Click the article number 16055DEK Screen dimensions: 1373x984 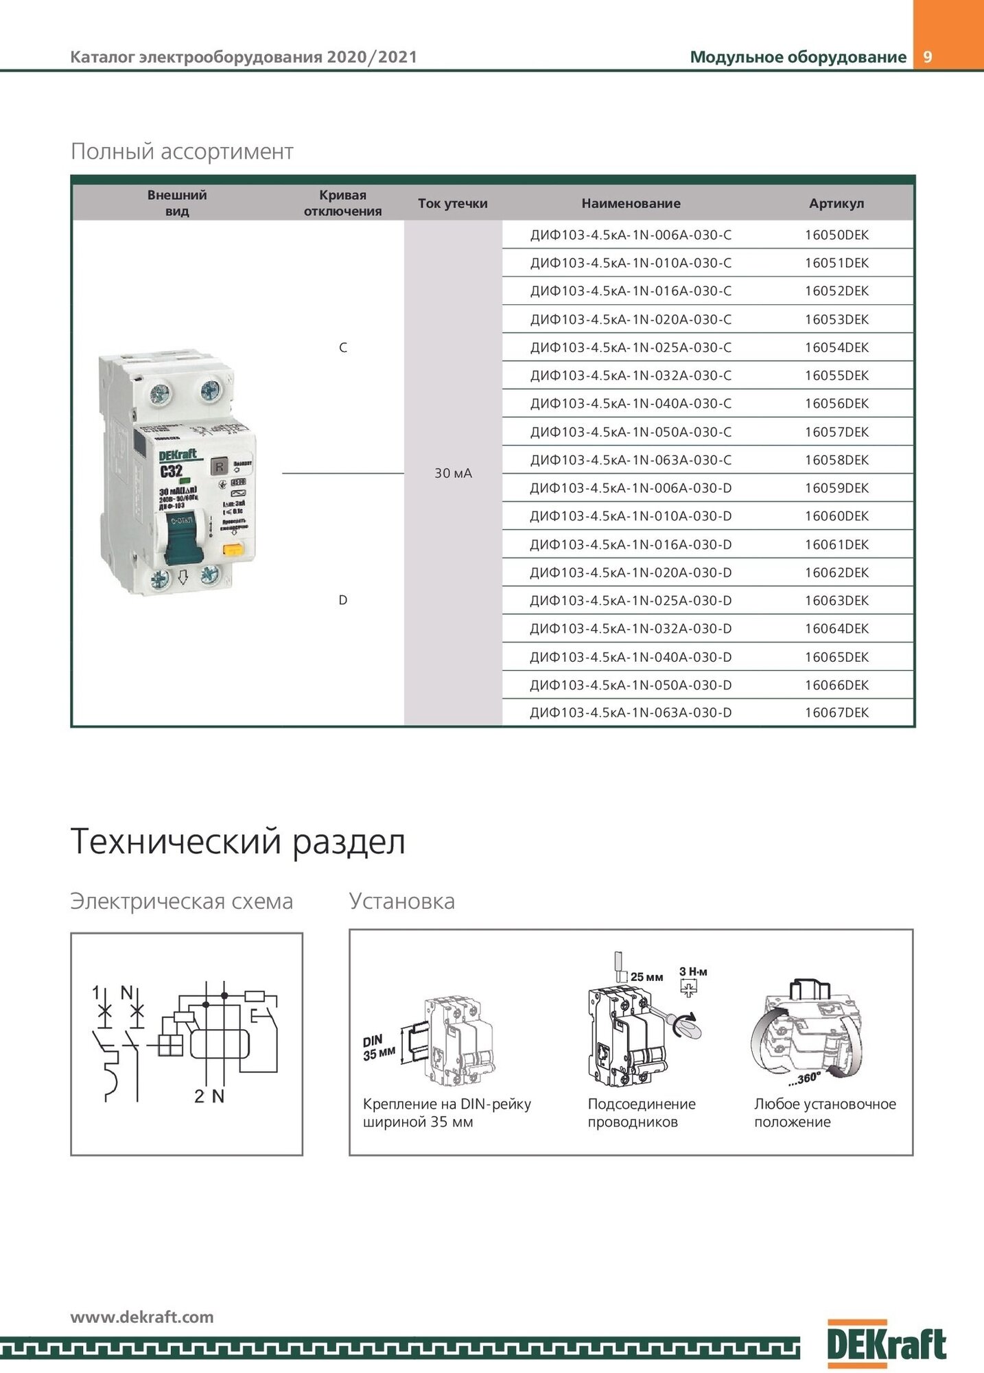[836, 376]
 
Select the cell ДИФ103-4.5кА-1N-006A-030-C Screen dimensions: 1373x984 [631, 235]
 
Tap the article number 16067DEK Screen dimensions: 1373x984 [836, 713]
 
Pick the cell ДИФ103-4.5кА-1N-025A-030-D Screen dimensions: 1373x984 [631, 601]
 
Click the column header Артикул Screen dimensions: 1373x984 [836, 203]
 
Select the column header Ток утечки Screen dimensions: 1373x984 [453, 203]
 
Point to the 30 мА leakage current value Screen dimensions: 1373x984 [453, 473]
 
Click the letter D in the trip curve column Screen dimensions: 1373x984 [343, 600]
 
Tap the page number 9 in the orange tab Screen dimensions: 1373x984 [928, 57]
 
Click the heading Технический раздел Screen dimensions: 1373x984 [237, 842]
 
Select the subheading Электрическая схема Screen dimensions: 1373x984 [181, 901]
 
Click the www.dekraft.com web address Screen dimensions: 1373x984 [142, 1317]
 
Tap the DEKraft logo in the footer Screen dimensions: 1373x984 [887, 1343]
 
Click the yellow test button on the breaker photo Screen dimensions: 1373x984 [233, 549]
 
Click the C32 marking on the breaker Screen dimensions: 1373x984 [171, 471]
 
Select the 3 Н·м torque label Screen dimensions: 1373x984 [693, 971]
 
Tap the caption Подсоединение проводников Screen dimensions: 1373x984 [641, 1113]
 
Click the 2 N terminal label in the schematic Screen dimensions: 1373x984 [209, 1096]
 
